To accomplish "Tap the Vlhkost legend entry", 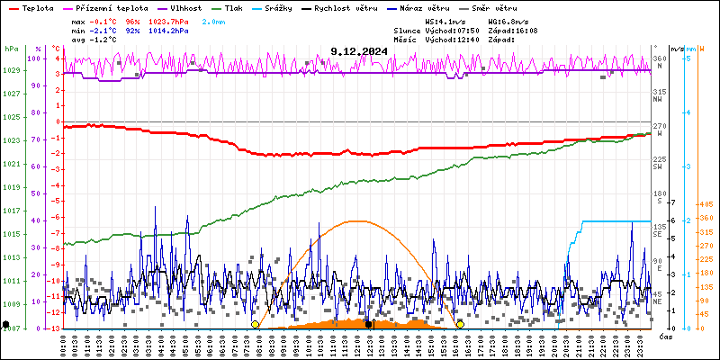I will point(184,7).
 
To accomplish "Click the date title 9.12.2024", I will point(359,52).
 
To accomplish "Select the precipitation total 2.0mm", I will point(213,20).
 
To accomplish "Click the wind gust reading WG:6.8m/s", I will point(508,20).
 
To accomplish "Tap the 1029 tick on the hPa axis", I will point(12,70).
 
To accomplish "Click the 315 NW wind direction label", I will point(660,94).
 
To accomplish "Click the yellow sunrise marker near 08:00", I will point(256,324).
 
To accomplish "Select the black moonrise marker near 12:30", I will point(368,324).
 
